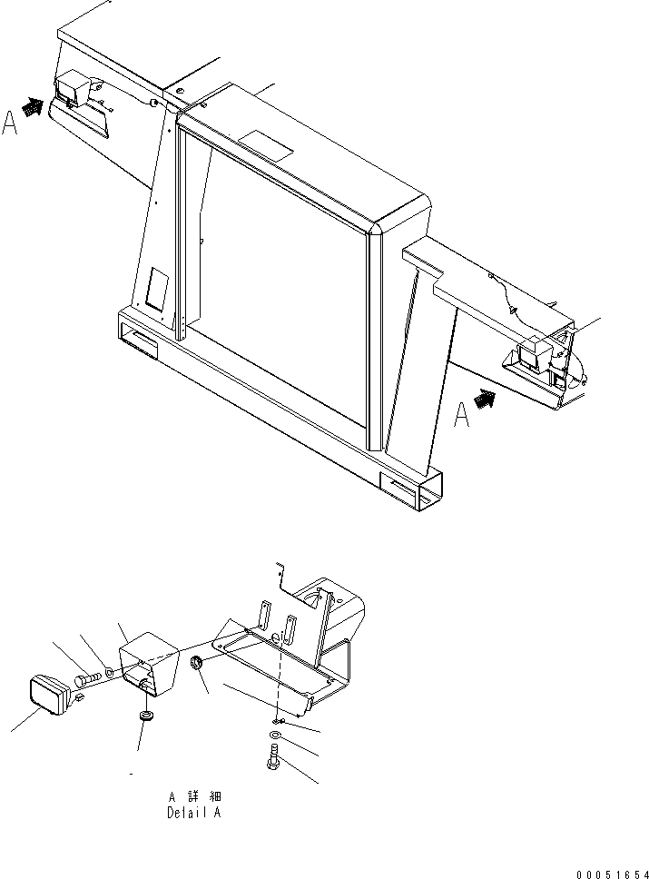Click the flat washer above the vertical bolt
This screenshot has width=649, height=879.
[275, 733]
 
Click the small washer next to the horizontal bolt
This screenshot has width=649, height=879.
[108, 674]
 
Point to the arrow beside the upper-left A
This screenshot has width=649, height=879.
[33, 108]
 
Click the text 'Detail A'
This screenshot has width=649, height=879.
[193, 814]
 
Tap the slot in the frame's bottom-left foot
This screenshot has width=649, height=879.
[142, 339]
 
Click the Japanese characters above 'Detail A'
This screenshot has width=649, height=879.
[194, 796]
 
